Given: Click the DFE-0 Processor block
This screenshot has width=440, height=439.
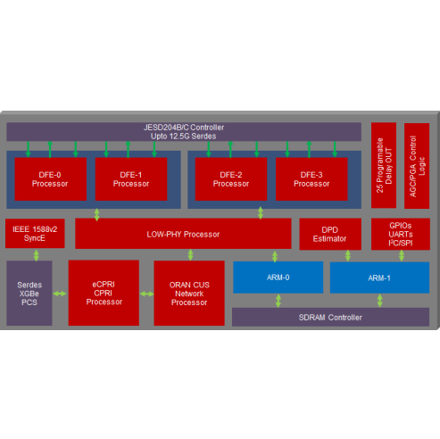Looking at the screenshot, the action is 51,179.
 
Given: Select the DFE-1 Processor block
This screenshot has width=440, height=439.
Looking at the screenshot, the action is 131,179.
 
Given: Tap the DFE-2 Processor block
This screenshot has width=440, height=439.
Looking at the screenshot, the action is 231,179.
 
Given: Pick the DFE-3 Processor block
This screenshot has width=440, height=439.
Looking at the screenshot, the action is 311,179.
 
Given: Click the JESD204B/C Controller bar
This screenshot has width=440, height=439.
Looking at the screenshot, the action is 184,132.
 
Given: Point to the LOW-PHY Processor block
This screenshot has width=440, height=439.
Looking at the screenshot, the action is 183,234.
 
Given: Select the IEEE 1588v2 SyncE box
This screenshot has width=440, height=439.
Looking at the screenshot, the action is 35,234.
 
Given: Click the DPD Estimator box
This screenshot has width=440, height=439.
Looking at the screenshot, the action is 330,234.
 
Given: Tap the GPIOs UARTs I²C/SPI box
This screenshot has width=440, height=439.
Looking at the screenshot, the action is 401,234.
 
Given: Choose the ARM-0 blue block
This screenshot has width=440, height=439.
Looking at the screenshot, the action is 278,277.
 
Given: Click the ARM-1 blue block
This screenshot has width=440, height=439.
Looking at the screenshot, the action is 379,277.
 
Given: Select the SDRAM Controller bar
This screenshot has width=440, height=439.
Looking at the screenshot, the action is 330,318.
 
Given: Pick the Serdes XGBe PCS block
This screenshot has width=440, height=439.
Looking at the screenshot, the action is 29,294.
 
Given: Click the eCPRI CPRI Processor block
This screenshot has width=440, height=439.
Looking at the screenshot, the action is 104,293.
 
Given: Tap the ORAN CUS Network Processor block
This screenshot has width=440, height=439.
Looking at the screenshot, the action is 189,294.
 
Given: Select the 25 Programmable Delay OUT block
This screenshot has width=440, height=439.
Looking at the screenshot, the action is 384,165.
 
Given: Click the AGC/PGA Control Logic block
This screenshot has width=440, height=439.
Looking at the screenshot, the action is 417,166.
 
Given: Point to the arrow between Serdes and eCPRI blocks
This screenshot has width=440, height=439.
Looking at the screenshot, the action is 60,294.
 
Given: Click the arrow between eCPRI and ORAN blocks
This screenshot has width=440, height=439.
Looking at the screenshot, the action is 146,294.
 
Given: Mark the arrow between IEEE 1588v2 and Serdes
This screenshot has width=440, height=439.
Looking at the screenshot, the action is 37,255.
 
